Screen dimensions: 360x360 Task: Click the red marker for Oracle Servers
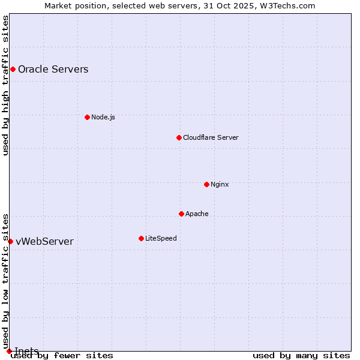[13, 70]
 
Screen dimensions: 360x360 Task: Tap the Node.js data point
[87, 117]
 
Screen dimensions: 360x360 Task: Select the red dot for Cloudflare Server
[179, 137]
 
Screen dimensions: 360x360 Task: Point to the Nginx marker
[206, 184]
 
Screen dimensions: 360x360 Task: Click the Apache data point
[181, 214]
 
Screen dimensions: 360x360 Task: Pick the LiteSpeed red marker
[141, 238]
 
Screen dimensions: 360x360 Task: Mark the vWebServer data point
[10, 241]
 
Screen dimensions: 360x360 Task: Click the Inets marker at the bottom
[9, 351]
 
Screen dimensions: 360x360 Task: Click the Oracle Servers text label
[53, 70]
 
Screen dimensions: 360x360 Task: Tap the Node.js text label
[103, 117]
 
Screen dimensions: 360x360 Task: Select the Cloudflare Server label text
[211, 137]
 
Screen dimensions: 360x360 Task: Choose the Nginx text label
[220, 184]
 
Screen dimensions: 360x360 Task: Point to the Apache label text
[197, 214]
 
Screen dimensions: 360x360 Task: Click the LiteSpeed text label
[161, 238]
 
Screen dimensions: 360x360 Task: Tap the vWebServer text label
[44, 242]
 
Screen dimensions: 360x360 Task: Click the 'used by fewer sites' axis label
[62, 356]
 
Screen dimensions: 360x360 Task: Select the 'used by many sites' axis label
[301, 356]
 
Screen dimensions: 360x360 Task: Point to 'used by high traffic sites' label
[6, 85]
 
